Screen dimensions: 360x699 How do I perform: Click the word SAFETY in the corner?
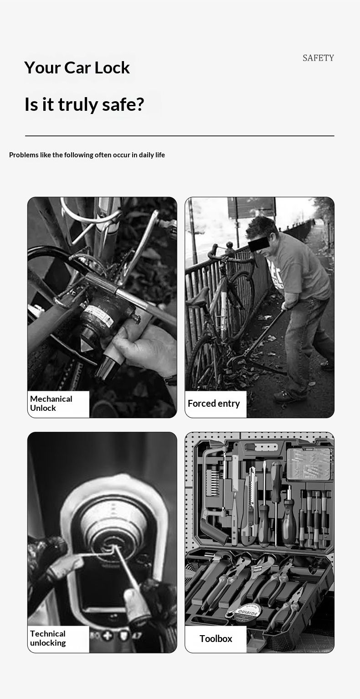(318, 58)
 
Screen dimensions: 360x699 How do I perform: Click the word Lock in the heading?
(112, 67)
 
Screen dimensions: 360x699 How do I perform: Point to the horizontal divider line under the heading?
(180, 136)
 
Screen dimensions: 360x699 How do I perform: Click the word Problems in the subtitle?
(24, 155)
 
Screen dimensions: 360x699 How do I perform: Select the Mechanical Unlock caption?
(51, 403)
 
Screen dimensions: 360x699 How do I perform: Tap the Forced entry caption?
(214, 404)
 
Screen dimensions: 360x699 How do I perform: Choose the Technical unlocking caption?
(48, 638)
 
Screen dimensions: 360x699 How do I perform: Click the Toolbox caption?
(216, 638)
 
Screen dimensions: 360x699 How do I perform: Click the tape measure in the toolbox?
(248, 611)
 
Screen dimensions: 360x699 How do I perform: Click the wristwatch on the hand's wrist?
(170, 380)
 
